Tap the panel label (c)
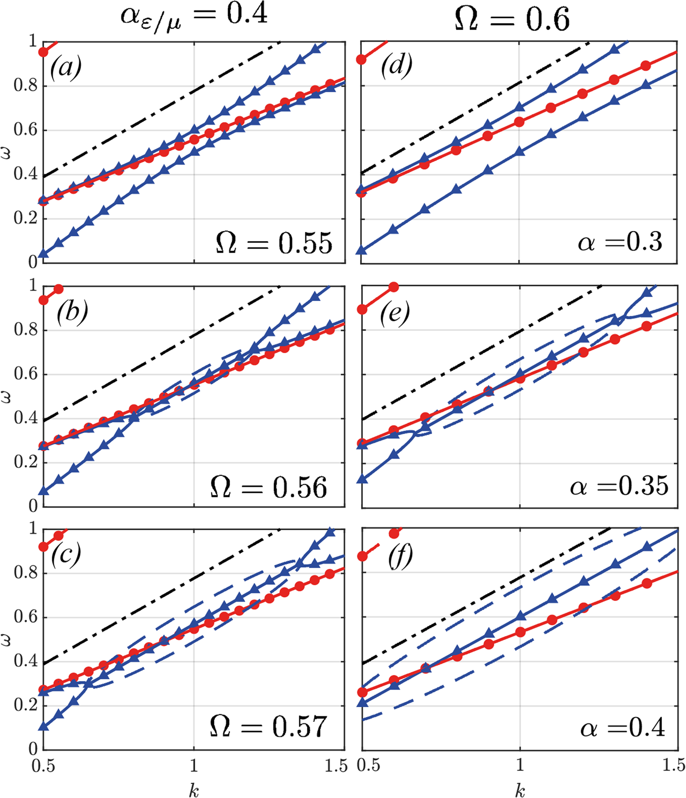point(66,555)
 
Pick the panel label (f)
point(400,556)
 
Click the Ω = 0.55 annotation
point(274,243)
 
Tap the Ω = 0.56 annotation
point(269,488)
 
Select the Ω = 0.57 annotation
point(269,727)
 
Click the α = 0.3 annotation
point(620,243)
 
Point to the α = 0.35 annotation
point(619,487)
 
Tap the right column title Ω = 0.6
point(512,19)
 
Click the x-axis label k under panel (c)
point(194,790)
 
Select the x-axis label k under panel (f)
point(520,790)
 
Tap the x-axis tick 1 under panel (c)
point(194,765)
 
